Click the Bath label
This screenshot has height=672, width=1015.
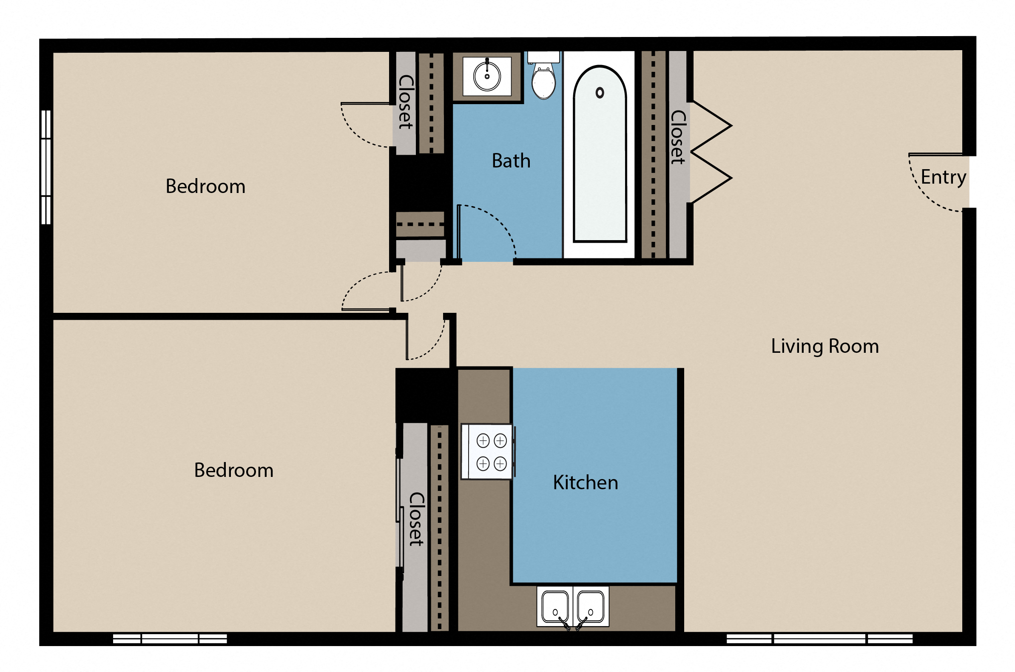point(511,161)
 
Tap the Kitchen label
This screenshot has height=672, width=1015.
point(586,483)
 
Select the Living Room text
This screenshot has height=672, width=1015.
point(825,346)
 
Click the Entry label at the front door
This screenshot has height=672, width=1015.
point(944,177)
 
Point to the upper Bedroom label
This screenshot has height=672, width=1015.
point(205,187)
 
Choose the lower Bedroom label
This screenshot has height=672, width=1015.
point(233,471)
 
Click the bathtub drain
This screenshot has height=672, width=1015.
point(600,93)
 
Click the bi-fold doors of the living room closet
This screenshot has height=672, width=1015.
point(711,152)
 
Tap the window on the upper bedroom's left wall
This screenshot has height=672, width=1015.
point(46,167)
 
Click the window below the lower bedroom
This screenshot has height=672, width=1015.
point(170,639)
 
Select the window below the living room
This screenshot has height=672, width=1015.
point(819,639)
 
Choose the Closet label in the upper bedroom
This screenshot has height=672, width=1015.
point(406,102)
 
